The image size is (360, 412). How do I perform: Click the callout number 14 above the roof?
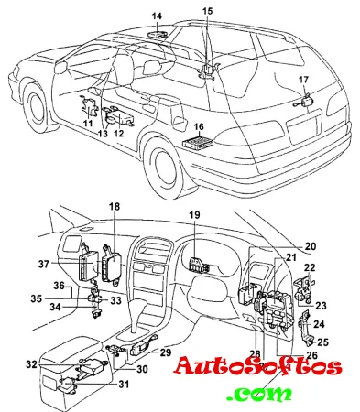pyautogui.click(x=157, y=16)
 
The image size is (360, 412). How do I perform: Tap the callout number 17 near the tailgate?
pyautogui.click(x=303, y=80)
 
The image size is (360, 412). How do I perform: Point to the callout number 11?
pyautogui.click(x=88, y=124)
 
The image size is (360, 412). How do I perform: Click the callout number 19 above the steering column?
pyautogui.click(x=194, y=215)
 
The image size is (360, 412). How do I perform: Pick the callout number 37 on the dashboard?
pyautogui.click(x=44, y=264)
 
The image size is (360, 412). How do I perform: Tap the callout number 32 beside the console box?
pyautogui.click(x=31, y=364)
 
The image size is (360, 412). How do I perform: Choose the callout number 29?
pyautogui.click(x=166, y=352)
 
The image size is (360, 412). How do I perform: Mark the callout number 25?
pyautogui.click(x=322, y=342)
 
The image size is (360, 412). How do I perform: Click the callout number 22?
pyautogui.click(x=310, y=267)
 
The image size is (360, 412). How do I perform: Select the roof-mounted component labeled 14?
pyautogui.click(x=158, y=33)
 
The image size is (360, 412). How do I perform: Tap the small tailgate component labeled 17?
pyautogui.click(x=306, y=101)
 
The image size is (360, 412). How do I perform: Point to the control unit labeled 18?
pyautogui.click(x=111, y=265)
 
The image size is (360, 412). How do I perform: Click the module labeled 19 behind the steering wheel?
pyautogui.click(x=199, y=265)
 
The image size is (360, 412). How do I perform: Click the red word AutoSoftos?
pyautogui.click(x=257, y=366)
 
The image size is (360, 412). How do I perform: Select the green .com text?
pyautogui.click(x=258, y=395)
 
